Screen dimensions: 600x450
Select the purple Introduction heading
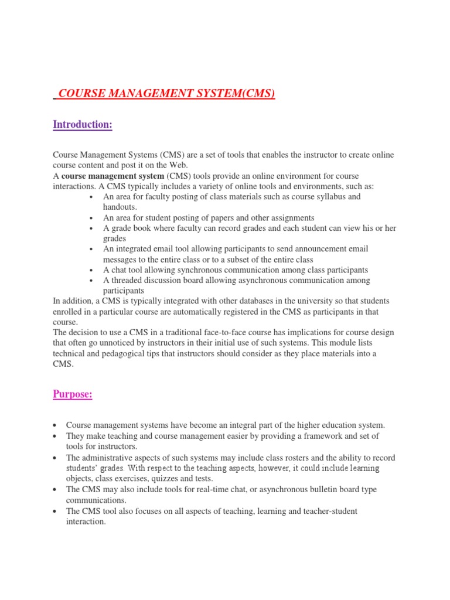pos(83,124)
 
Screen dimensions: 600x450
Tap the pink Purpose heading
pos(73,394)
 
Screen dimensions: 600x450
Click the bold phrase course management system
pos(112,176)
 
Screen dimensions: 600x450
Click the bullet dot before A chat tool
pos(91,270)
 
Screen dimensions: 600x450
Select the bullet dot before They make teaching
pos(54,437)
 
